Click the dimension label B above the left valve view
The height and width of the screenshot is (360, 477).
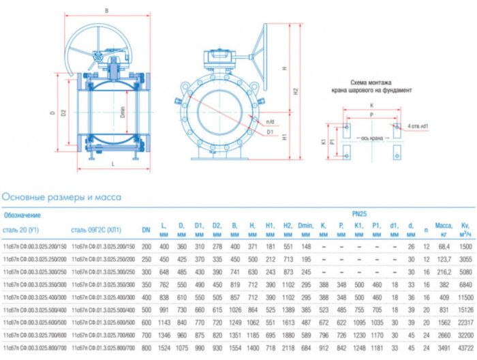point(106,11)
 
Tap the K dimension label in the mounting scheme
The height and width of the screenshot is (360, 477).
point(371,106)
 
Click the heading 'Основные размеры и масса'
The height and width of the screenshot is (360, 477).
point(61,197)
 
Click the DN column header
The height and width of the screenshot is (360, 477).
point(146,230)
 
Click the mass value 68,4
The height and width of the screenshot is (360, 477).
point(444,245)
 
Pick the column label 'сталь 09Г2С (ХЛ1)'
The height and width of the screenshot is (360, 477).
point(96,230)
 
